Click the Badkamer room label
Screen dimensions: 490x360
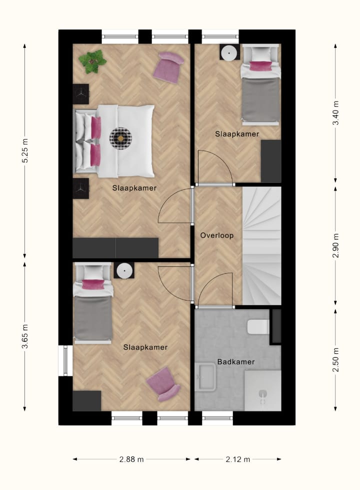[236, 361]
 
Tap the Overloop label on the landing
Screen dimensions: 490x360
[217, 235]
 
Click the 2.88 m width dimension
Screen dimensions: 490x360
[131, 459]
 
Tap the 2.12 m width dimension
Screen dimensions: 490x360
[237, 459]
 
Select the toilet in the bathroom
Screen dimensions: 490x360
[258, 326]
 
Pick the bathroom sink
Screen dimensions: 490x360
[206, 376]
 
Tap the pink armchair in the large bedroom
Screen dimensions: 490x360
[168, 66]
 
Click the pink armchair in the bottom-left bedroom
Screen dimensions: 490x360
[163, 383]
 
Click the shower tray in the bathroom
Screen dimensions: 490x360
[262, 390]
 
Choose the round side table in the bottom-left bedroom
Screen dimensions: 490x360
[123, 270]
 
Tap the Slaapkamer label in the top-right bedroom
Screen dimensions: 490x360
[237, 134]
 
